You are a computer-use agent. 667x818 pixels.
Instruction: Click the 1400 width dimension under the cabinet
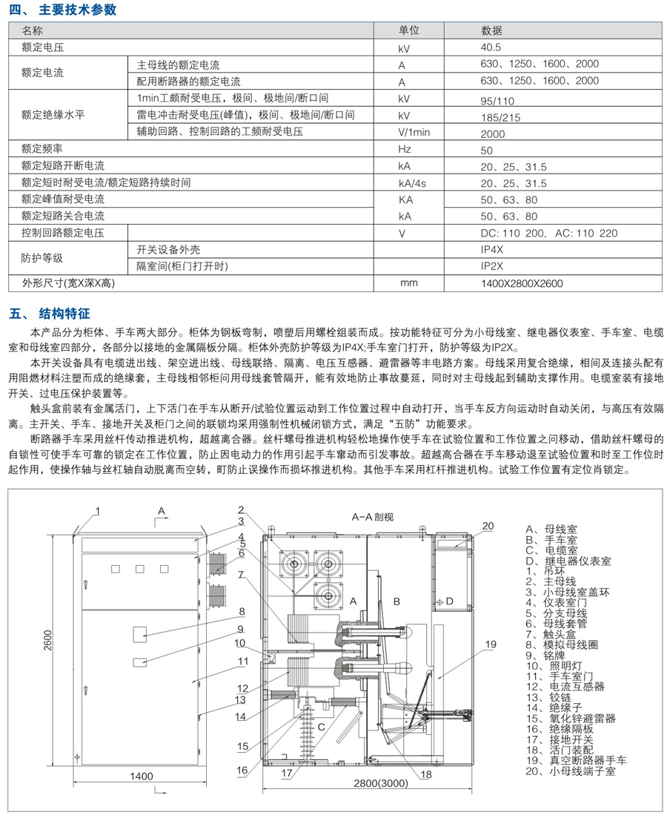(140, 776)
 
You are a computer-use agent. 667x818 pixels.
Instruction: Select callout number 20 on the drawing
(487, 526)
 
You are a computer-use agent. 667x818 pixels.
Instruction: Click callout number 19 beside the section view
(490, 644)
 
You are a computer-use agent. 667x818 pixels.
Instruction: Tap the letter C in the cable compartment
(322, 727)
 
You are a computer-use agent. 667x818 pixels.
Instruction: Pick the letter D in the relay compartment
(450, 601)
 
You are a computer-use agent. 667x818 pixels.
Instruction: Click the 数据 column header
(491, 30)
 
